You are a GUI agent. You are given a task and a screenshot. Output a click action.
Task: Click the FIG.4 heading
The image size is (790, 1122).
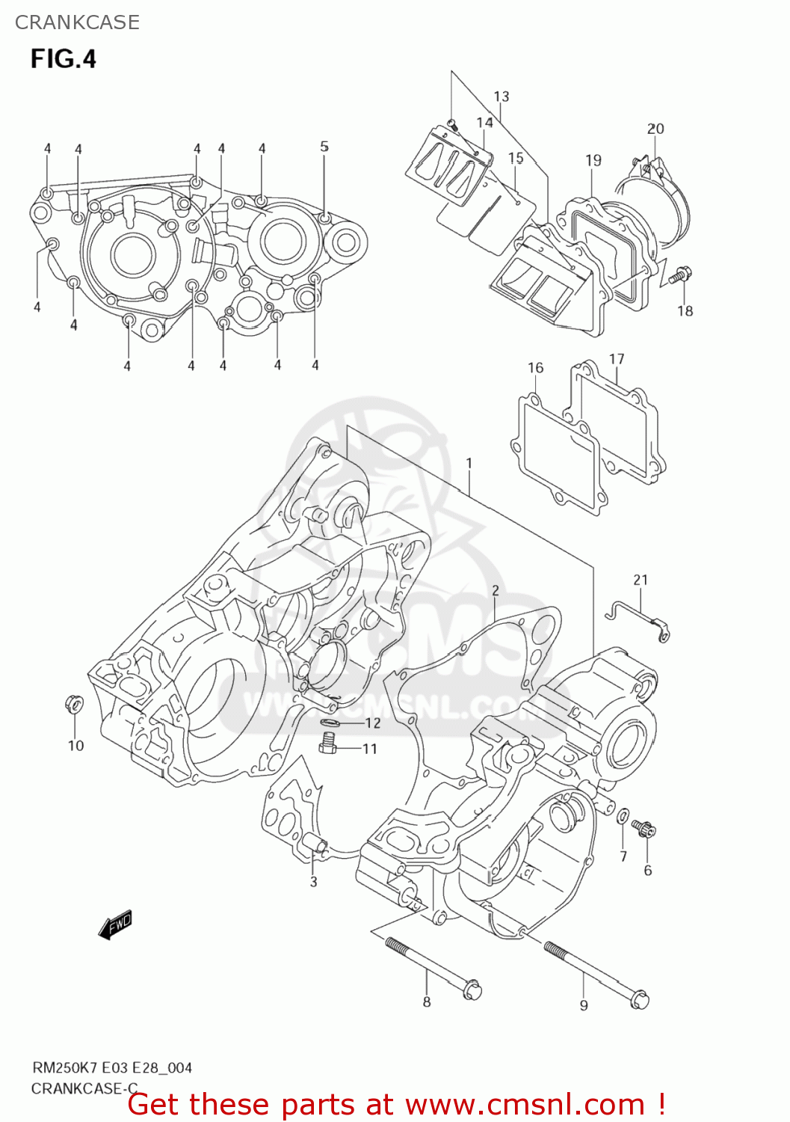[x=63, y=59]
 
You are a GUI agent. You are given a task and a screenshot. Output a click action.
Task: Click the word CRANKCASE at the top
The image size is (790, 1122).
[x=77, y=22]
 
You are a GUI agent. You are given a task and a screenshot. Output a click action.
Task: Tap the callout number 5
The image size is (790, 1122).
[x=324, y=147]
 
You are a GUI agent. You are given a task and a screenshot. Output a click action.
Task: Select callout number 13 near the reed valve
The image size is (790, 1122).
[x=502, y=96]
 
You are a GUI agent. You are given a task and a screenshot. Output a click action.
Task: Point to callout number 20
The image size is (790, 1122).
[x=655, y=129]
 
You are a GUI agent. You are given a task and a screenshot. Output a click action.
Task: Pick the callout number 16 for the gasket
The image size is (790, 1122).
[x=535, y=368]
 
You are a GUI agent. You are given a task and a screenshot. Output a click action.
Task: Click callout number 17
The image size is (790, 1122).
[x=617, y=359]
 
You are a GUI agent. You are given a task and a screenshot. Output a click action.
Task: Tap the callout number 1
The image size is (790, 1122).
[x=469, y=464]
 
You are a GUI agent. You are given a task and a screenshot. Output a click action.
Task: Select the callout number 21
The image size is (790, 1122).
[x=641, y=580]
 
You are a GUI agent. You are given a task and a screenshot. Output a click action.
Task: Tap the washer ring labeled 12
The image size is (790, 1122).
[x=330, y=723]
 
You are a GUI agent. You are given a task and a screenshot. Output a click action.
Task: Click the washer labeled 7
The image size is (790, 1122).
[x=623, y=815]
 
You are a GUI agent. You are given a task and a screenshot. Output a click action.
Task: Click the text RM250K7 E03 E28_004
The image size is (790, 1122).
[x=111, y=1067]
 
